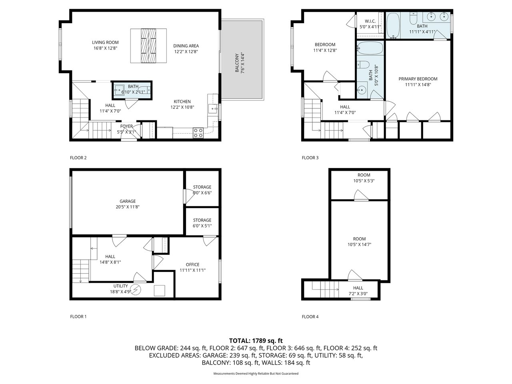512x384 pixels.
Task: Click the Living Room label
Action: [x=105, y=45]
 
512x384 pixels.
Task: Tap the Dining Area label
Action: [x=186, y=49]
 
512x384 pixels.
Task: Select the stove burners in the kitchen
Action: [x=198, y=133]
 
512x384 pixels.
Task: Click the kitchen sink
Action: [x=213, y=108]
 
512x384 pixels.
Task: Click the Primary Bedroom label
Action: [x=418, y=82]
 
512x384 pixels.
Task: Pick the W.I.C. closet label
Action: [x=370, y=24]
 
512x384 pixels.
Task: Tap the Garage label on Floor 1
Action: [x=128, y=204]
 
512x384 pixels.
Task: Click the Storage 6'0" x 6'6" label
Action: [x=202, y=190]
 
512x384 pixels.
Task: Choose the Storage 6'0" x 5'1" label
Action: [x=202, y=223]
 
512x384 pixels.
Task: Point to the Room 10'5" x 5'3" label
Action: [x=364, y=178]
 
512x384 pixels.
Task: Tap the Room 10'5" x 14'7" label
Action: [x=359, y=242]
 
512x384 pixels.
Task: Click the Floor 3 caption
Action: [x=310, y=158]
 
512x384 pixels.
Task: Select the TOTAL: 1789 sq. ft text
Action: [x=256, y=341]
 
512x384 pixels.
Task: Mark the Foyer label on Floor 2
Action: [x=126, y=129]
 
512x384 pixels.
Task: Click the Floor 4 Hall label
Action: [x=358, y=291]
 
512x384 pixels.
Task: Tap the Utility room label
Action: [x=120, y=289]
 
